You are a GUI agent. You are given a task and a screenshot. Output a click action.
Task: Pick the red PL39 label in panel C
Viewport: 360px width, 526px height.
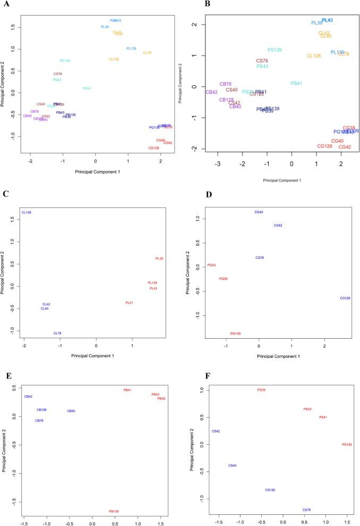tap(159, 258)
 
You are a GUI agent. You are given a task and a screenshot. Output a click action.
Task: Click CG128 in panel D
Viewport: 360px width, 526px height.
tap(345, 298)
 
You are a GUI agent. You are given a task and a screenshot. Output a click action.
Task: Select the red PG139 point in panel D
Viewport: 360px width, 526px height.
tap(235, 333)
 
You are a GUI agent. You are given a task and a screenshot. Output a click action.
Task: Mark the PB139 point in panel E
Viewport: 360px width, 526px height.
tap(114, 511)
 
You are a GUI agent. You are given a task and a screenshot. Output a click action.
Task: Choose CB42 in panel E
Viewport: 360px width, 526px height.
tap(28, 396)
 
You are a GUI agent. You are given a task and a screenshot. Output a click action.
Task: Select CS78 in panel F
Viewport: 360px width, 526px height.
tap(306, 510)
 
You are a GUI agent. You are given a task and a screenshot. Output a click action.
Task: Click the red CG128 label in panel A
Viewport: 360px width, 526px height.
tap(154, 148)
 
